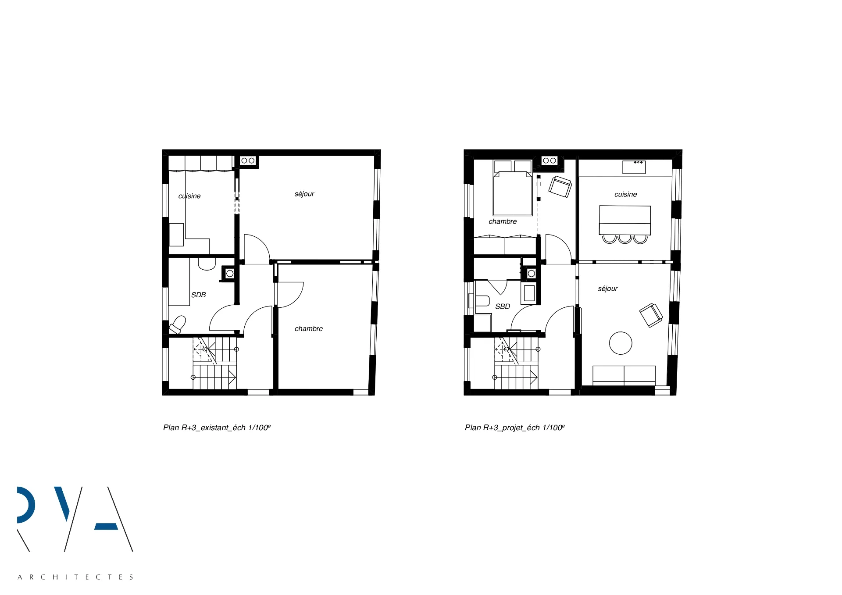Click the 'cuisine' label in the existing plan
pos(189,196)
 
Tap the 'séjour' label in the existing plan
pos(304,194)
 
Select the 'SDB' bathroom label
pos(198,295)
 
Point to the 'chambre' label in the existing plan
pos(309,329)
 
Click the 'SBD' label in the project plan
pos(503,306)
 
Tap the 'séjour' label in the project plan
pos(607,289)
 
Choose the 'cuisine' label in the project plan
pos(625,194)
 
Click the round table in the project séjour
pos(621,342)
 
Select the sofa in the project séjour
pos(624,375)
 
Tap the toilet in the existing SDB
pos(178,325)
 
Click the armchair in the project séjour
pos(651,315)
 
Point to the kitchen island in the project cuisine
pos(625,220)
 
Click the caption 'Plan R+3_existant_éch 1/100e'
pos(217,428)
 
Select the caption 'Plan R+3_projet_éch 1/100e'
pos(515,428)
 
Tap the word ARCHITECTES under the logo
pos(75,577)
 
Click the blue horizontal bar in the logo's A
pos(106,526)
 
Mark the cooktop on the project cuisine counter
pos(634,167)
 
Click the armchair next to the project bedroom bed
pos(560,187)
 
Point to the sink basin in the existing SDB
pos(207,263)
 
